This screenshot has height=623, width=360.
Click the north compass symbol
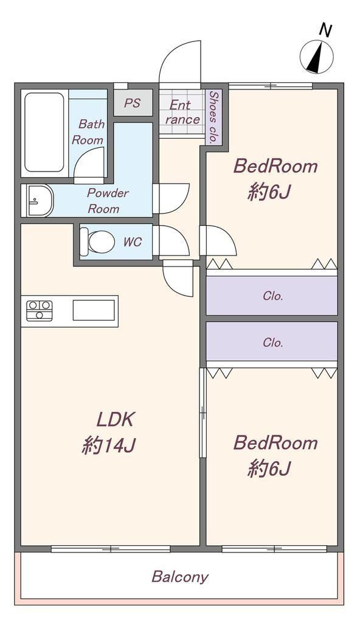click(x=317, y=57)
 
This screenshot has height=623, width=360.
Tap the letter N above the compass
click(x=326, y=30)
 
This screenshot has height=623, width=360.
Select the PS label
click(x=133, y=103)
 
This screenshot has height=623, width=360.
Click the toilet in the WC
click(x=97, y=242)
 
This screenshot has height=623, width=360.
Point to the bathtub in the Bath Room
click(x=44, y=132)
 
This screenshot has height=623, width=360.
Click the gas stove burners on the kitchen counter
click(x=40, y=310)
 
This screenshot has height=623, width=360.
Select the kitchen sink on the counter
click(x=94, y=310)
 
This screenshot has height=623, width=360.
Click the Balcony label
click(x=180, y=577)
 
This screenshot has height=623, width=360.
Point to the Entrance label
click(x=182, y=112)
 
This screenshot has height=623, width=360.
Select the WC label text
click(x=133, y=242)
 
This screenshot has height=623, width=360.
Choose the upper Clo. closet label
click(x=272, y=296)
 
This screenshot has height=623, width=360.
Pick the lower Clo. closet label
click(x=272, y=343)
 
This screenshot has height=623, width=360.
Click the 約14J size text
click(x=109, y=445)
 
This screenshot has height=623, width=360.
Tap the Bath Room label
click(x=89, y=132)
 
